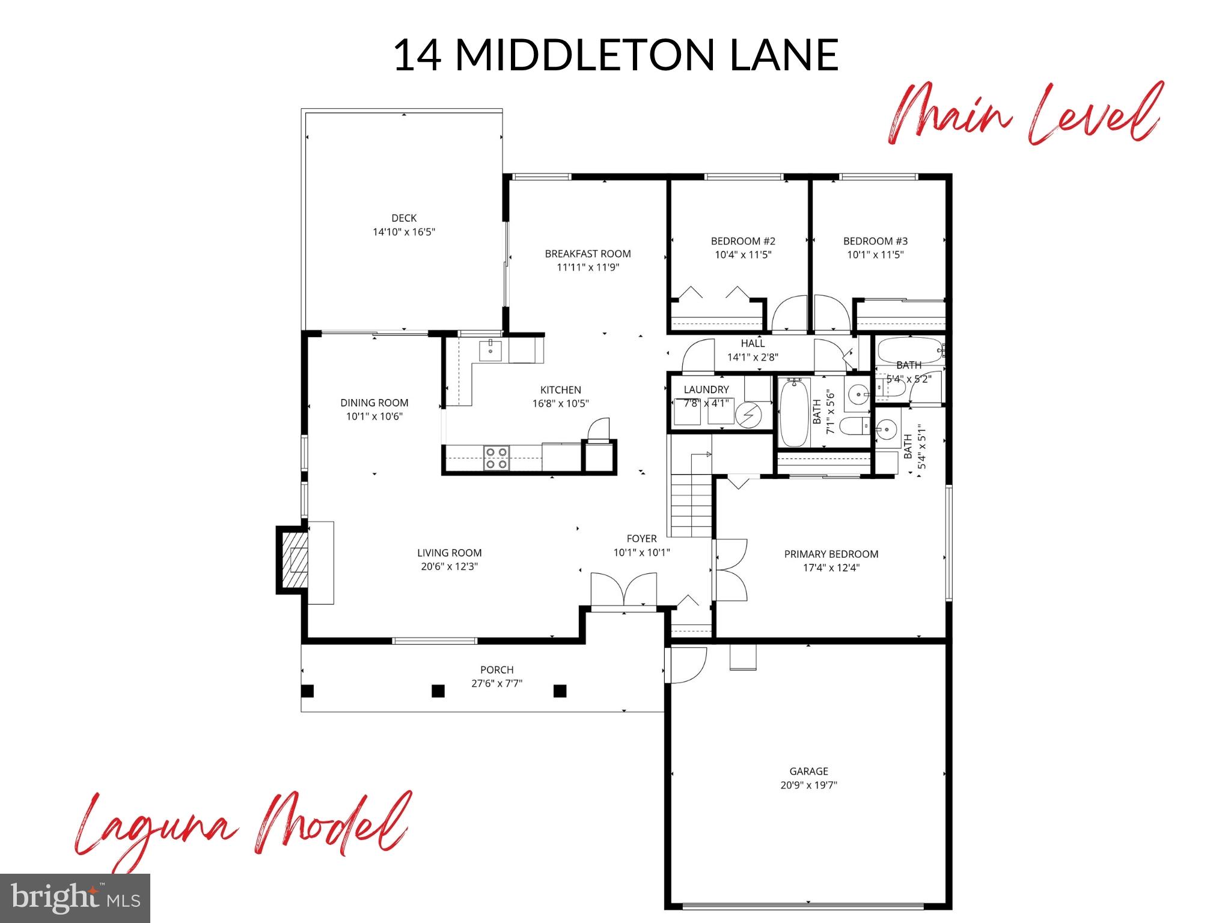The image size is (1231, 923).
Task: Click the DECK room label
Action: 404,218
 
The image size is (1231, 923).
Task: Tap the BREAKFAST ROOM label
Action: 587,254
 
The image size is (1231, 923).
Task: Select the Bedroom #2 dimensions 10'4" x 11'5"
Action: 743,255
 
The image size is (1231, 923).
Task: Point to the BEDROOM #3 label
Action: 875,241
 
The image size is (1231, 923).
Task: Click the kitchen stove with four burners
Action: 496,458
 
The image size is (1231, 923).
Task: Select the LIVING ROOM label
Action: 450,553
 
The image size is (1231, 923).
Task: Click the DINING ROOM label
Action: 374,403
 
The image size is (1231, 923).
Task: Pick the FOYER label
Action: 641,538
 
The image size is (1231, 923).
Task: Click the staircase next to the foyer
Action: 691,505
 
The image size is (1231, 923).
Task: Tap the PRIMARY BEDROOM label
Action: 831,554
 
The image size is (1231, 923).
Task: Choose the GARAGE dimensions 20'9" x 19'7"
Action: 809,785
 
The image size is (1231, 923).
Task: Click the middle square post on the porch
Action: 438,691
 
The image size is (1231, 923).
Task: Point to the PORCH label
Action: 497,669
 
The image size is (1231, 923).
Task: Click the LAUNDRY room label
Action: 706,389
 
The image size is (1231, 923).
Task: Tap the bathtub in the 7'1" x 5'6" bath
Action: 795,413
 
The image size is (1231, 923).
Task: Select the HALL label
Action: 753,343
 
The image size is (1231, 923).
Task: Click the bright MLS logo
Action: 75,898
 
